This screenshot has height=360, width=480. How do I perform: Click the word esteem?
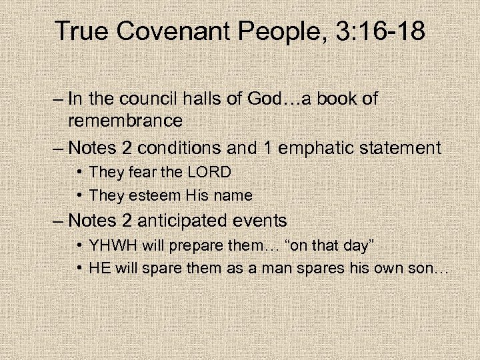click(x=150, y=195)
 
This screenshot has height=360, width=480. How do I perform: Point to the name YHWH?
click(x=113, y=245)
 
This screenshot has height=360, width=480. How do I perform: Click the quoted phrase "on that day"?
click(x=329, y=245)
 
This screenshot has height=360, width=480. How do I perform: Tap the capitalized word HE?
click(x=99, y=269)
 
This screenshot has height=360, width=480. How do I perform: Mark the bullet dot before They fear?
click(x=80, y=173)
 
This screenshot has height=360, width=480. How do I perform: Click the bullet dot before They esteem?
click(x=80, y=195)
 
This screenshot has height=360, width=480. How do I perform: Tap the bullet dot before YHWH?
click(x=80, y=245)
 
